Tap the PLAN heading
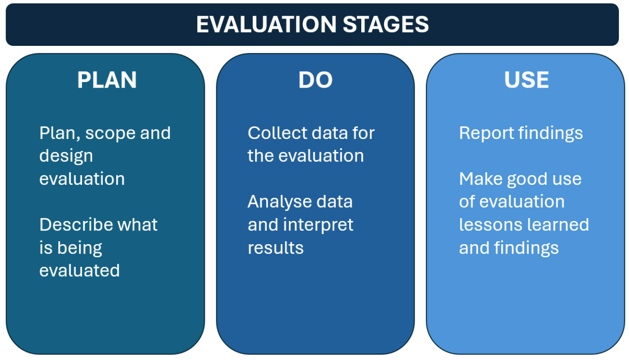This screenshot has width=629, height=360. point(107,80)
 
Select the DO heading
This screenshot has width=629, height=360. point(316,80)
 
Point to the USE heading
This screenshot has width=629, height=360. point(526,80)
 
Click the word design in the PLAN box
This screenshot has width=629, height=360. point(66,157)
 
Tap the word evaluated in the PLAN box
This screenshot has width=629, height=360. point(80,271)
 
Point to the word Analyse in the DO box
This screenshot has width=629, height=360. point(280,202)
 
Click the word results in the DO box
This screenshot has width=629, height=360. point(275,248)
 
